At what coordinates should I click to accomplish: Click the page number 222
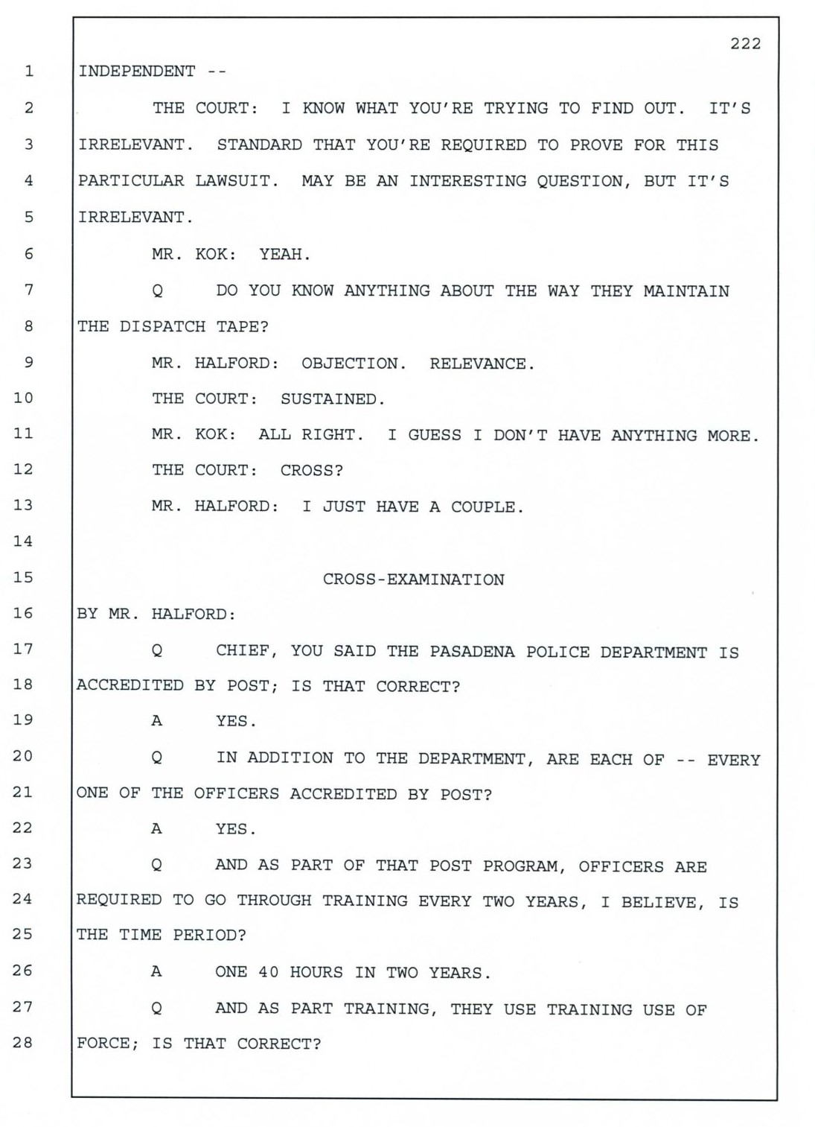745,44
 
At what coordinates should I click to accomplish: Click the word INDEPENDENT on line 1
137,72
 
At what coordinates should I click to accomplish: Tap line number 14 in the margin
24,542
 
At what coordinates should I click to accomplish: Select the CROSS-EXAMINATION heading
413,580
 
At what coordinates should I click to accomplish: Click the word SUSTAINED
332,399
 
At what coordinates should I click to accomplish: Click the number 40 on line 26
268,973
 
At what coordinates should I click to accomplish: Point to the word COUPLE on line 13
487,507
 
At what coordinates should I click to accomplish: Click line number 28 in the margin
24,1043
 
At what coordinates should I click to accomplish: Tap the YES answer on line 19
236,721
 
